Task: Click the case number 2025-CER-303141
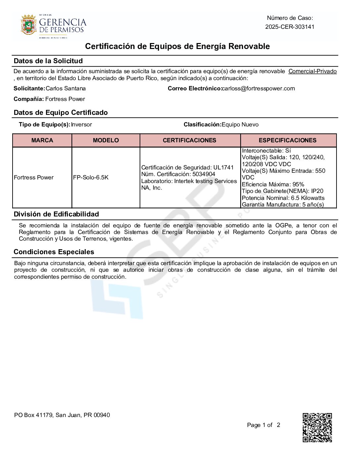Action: point(290,27)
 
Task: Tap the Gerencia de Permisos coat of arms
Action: point(28,24)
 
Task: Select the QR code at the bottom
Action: point(317,427)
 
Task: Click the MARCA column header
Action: point(42,140)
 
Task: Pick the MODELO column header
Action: point(106,140)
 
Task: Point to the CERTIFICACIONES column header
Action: point(190,140)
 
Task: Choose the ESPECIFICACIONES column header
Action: point(288,140)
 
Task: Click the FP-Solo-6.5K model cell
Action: point(91,177)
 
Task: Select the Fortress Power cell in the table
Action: point(34,177)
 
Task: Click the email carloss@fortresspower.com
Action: point(258,88)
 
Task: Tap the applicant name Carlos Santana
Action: point(66,88)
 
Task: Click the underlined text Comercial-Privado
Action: point(312,71)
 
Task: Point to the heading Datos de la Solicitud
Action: point(48,61)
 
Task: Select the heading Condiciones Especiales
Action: point(54,252)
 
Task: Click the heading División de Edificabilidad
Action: point(56,214)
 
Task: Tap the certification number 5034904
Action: point(204,174)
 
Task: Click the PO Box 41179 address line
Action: point(62,415)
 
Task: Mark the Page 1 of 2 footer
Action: point(263,425)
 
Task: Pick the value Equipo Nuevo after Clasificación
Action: point(240,124)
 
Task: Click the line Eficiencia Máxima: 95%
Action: point(273,184)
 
